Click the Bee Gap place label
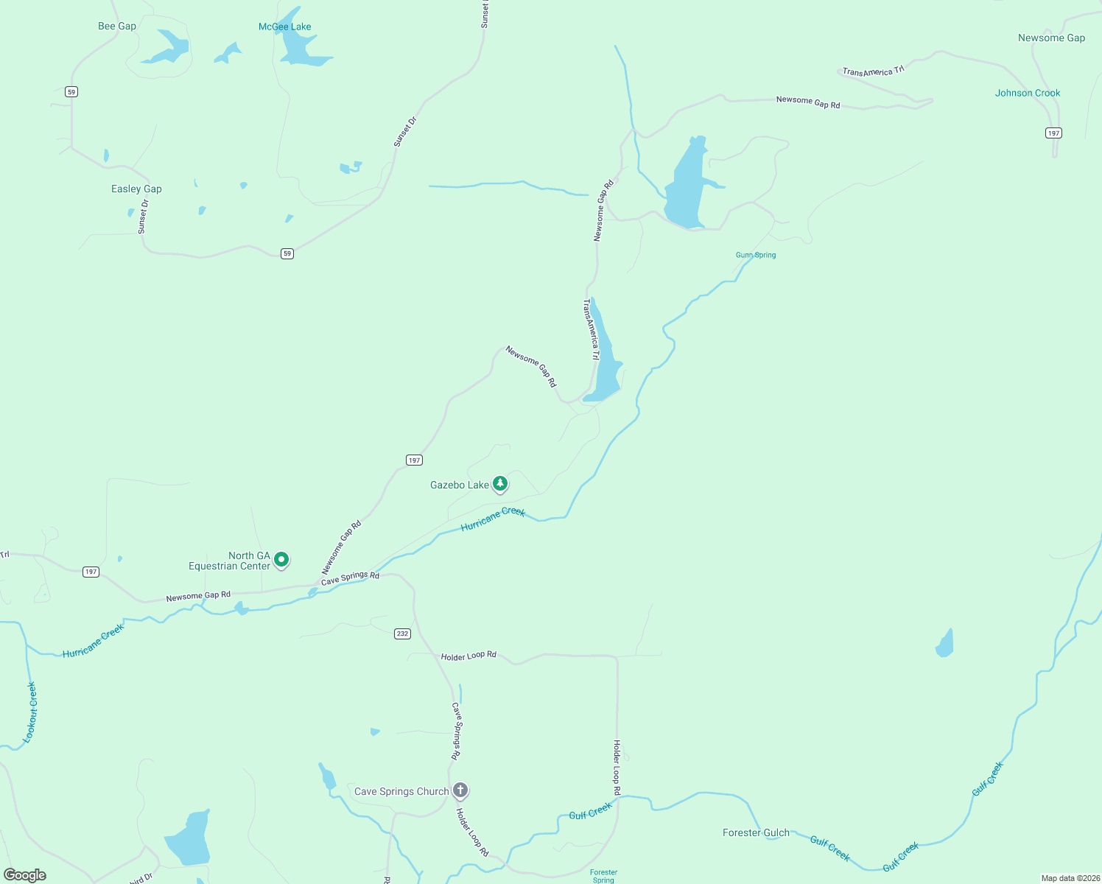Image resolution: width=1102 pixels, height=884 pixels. click(x=117, y=27)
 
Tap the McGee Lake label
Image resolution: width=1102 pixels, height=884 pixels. click(x=284, y=27)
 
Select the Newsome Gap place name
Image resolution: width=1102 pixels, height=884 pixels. click(x=1051, y=38)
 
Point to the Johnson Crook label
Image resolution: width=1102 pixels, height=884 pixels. click(x=1028, y=93)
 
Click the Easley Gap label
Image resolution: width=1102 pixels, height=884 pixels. click(x=136, y=189)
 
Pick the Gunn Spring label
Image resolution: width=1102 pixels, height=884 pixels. click(x=756, y=255)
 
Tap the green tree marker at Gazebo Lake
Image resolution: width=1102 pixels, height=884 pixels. click(x=501, y=484)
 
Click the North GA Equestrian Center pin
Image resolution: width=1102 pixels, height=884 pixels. click(x=281, y=560)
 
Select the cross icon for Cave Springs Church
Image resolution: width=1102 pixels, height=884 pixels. click(x=460, y=790)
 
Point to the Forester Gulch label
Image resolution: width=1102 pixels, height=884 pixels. click(x=756, y=832)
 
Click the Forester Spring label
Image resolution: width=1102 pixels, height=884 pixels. click(x=603, y=876)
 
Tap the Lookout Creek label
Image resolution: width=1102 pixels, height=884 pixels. click(x=30, y=712)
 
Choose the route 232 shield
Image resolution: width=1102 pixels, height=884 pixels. click(x=402, y=634)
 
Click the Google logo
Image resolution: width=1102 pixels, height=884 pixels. click(x=25, y=875)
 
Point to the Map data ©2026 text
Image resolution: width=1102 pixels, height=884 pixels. click(x=1070, y=878)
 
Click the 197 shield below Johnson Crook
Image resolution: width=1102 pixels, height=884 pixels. click(x=1053, y=133)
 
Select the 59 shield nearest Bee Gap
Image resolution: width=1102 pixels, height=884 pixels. click(x=71, y=92)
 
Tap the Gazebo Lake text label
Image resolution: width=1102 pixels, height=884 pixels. click(x=460, y=485)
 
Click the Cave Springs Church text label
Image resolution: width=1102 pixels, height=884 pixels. click(x=401, y=792)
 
